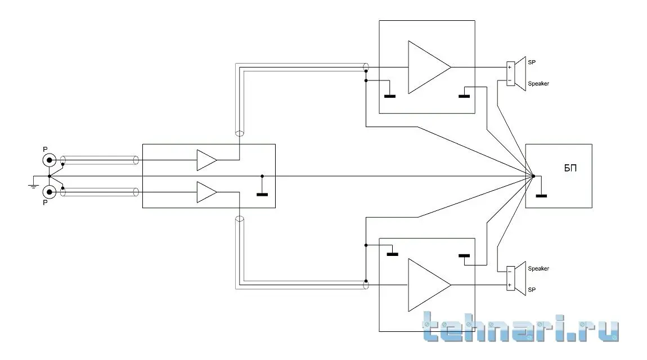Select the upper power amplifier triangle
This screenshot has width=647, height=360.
(426, 67)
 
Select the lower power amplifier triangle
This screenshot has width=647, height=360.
(426, 285)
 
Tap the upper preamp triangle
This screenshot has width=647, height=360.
(206, 160)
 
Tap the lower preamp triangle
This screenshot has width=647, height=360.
(206, 192)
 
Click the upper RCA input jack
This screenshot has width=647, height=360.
(50, 160)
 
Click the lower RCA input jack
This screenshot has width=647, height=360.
(50, 192)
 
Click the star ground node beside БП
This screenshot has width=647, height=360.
(533, 176)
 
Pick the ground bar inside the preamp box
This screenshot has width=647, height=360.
(262, 195)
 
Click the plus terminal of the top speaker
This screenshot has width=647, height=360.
(510, 67)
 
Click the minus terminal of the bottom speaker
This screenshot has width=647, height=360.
(510, 272)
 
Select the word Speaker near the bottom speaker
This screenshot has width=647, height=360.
(538, 269)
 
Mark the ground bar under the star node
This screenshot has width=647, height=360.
(541, 196)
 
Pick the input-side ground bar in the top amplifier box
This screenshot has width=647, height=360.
(389, 96)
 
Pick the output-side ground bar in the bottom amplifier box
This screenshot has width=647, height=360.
(464, 256)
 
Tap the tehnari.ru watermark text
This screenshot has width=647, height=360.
(520, 328)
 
